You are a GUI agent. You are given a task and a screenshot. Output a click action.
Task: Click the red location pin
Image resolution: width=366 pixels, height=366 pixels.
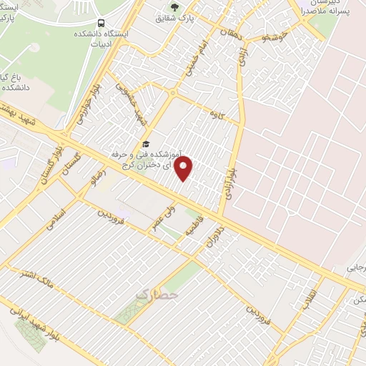184,169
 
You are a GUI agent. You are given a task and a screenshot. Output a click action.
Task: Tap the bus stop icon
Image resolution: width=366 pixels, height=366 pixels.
100,23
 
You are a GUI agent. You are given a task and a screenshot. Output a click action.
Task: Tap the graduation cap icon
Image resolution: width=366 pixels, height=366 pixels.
147,144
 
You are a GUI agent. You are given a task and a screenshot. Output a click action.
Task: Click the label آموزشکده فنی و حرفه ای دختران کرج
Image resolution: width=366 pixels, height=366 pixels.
148,159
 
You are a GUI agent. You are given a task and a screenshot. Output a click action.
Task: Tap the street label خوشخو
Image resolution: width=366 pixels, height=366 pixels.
275,36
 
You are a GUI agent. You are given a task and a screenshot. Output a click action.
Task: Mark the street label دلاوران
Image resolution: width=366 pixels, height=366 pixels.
215,234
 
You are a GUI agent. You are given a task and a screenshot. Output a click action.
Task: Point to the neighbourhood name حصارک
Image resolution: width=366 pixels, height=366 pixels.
156,294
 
